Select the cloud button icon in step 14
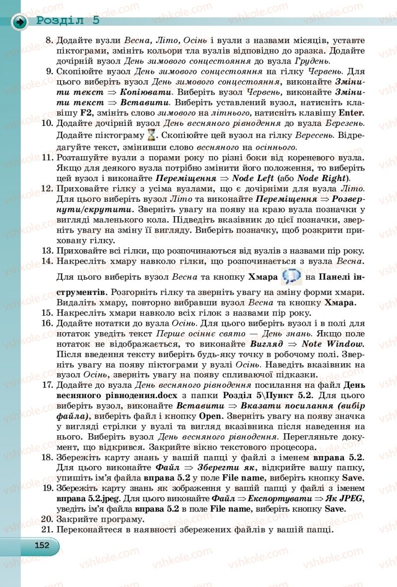pyautogui.click(x=291, y=276)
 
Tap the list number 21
pyautogui.click(x=47, y=529)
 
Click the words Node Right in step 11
pyautogui.click(x=322, y=178)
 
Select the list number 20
pyautogui.click(x=47, y=519)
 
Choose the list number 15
pyautogui.click(x=47, y=312)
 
